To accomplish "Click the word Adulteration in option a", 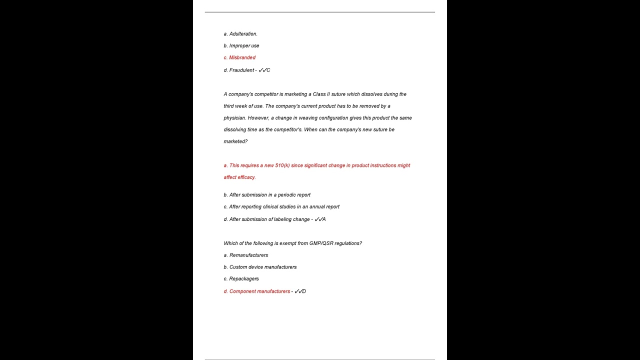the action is point(243,34).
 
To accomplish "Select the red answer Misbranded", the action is point(242,57).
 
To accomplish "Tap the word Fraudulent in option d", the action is point(241,70).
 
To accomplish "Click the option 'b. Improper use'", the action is point(241,45).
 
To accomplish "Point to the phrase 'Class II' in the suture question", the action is point(321,94).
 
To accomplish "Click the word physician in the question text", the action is point(234,118).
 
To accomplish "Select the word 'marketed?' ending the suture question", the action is point(235,141).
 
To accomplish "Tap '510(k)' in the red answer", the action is point(282,165).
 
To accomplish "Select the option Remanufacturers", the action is point(248,255).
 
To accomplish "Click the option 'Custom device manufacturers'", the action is point(262,267).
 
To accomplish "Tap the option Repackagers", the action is point(244,278).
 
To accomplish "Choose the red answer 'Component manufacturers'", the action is point(259,291).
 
